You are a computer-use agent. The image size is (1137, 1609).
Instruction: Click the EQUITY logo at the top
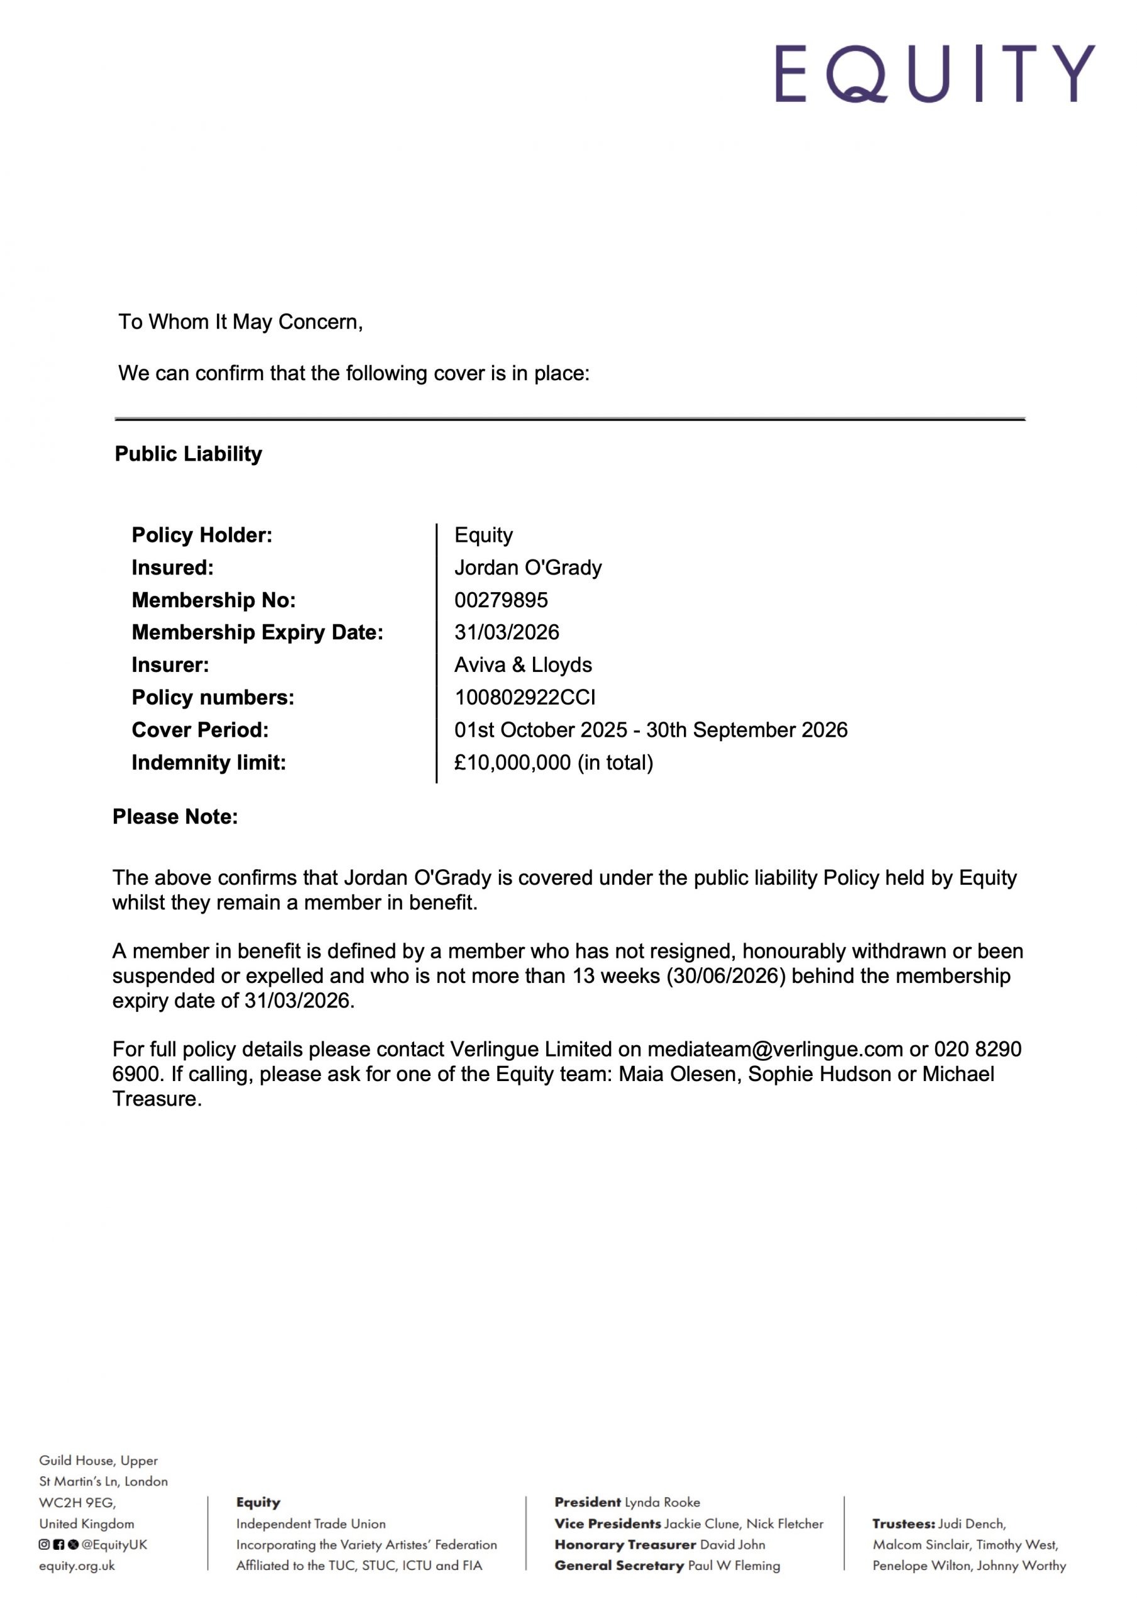(935, 74)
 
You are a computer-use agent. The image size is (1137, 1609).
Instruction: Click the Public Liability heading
(188, 454)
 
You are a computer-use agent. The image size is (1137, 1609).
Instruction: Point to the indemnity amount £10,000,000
(512, 762)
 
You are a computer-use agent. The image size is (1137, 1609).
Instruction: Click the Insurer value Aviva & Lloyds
(523, 664)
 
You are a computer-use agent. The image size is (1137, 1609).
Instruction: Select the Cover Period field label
(200, 730)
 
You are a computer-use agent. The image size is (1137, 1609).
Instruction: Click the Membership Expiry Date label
(257, 632)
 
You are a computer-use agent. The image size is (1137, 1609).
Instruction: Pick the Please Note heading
(175, 816)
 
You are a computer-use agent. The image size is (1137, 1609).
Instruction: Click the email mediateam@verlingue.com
(774, 1049)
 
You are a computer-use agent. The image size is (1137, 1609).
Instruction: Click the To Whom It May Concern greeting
(241, 322)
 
